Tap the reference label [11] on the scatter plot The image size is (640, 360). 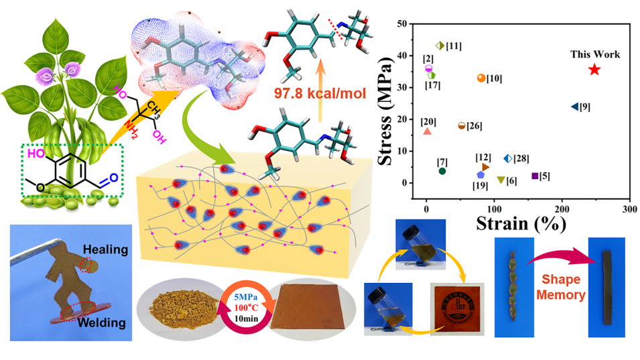(454, 46)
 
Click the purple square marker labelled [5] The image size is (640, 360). (535, 176)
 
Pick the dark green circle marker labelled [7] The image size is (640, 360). (442, 171)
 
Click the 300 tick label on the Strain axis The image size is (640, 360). (629, 208)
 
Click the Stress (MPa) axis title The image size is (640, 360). (387, 110)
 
